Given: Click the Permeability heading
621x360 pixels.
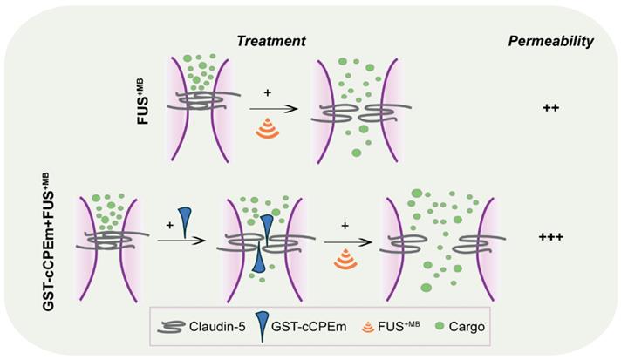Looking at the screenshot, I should (x=550, y=41).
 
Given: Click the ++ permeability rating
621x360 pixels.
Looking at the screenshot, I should (x=550, y=109).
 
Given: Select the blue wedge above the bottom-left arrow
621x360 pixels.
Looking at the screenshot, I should (x=185, y=220).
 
